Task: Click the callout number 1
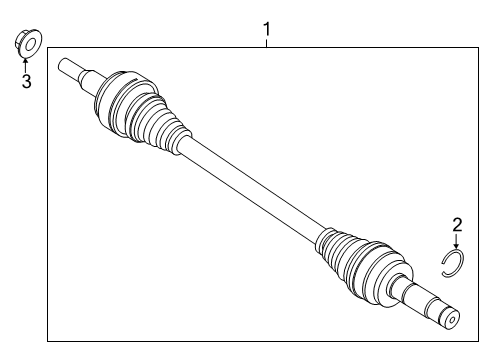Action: (x=266, y=30)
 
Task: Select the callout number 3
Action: (x=26, y=81)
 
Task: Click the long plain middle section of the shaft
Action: (x=250, y=190)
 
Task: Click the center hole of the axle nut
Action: (x=28, y=43)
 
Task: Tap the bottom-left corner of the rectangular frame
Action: (x=48, y=342)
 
